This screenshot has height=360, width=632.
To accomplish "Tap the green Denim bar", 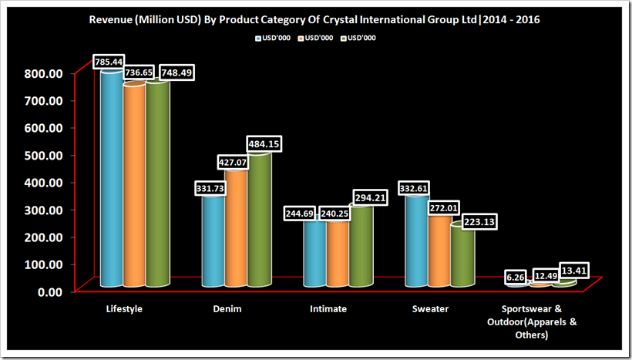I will (258, 224).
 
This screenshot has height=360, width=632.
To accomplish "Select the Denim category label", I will (227, 309).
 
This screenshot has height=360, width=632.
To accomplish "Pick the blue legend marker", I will (257, 37).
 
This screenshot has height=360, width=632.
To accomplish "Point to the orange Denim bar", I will (236, 231).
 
